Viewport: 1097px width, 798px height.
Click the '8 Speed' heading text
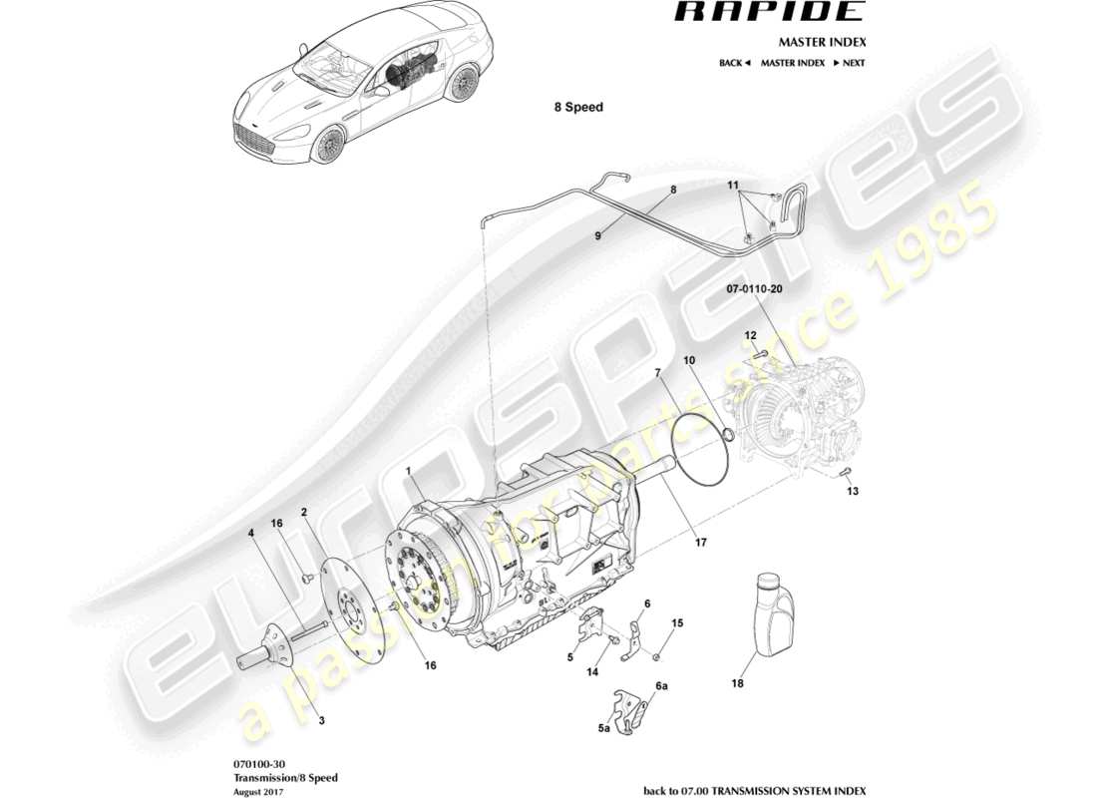(578, 107)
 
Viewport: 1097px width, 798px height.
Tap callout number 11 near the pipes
(732, 187)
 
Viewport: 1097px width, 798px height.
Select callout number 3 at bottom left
(321, 718)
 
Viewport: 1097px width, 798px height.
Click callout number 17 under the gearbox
(700, 543)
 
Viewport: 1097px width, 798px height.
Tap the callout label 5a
(603, 729)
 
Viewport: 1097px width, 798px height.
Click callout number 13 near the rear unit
(852, 492)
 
